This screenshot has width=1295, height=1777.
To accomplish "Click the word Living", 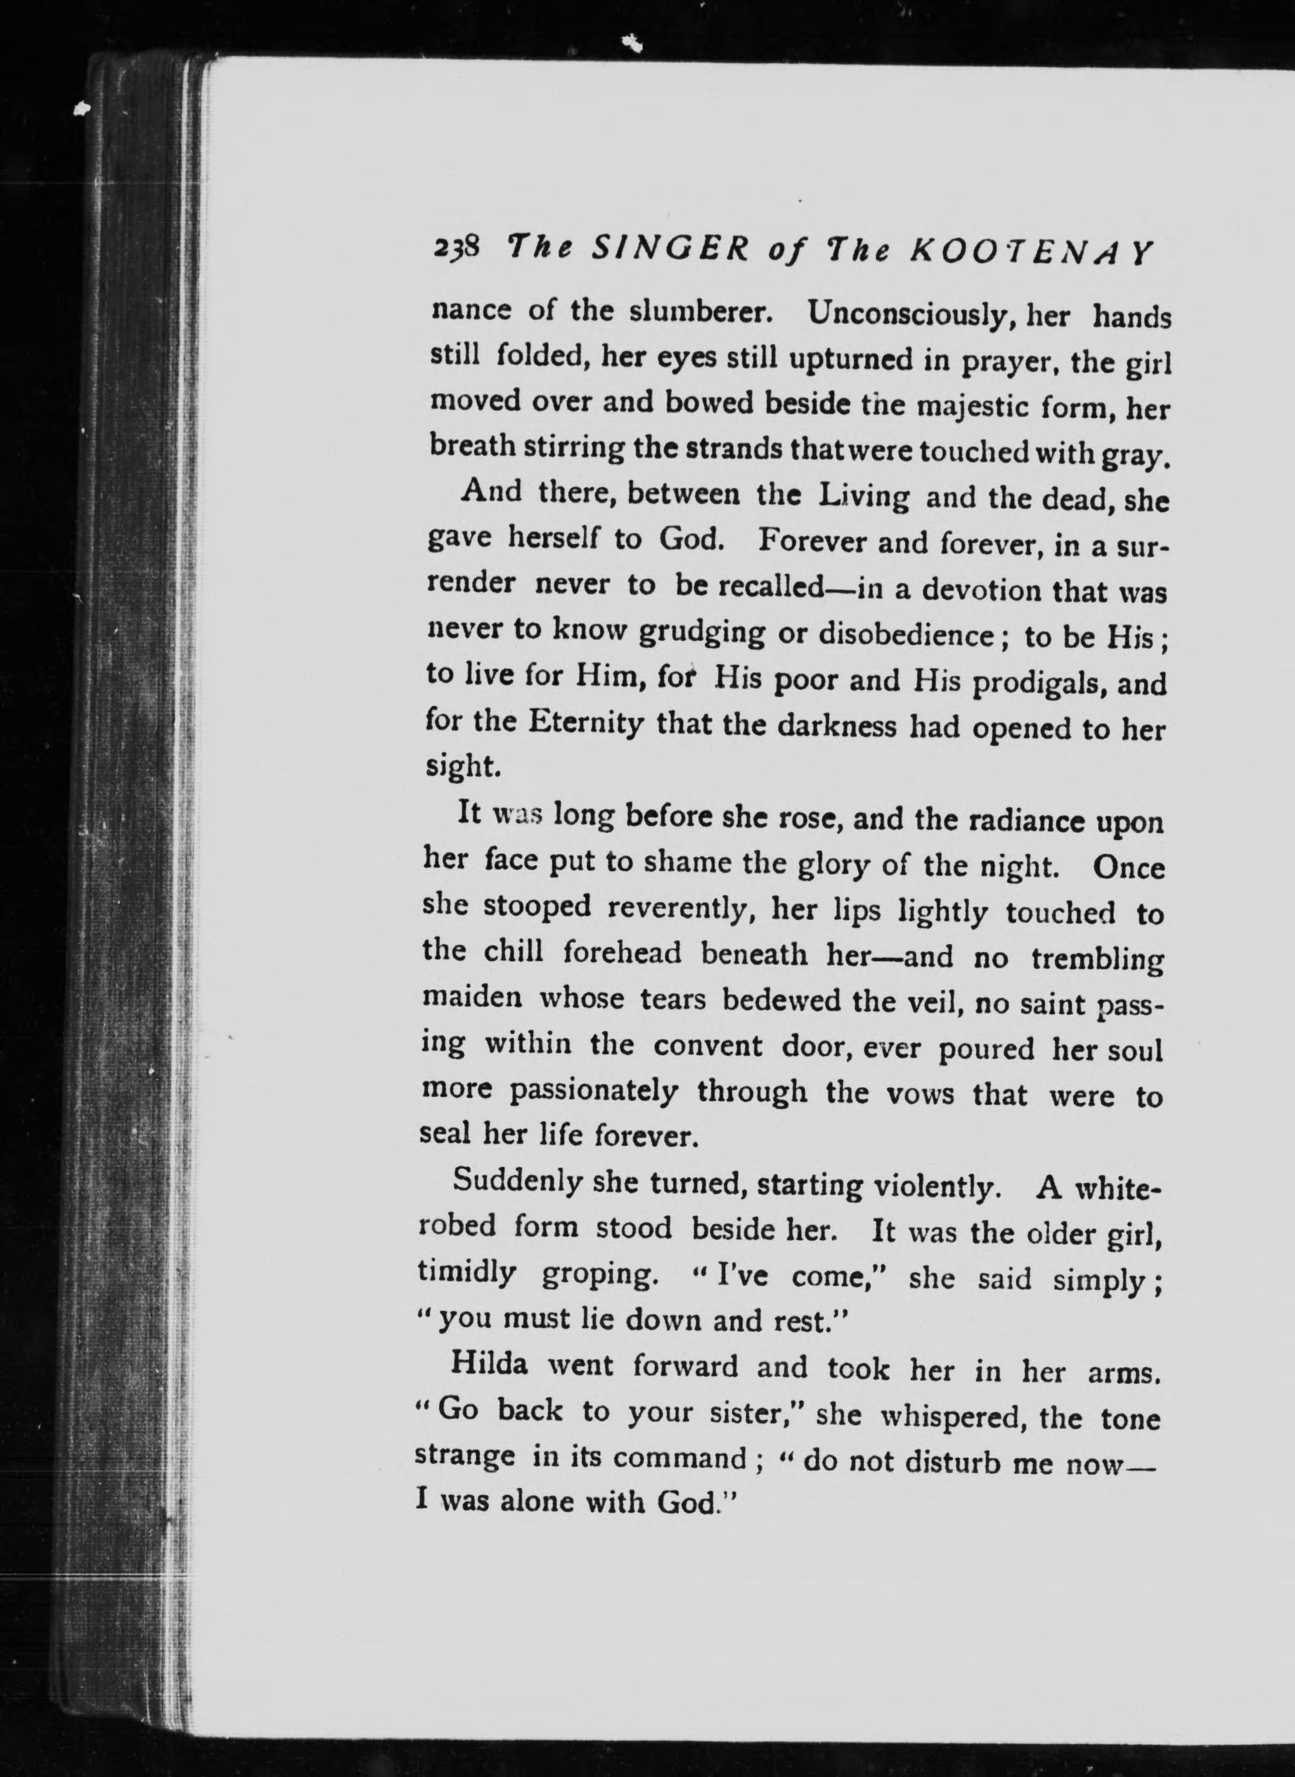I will [863, 498].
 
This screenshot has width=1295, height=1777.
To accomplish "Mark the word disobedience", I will [905, 633].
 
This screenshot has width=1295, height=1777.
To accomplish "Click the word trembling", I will [1097, 959].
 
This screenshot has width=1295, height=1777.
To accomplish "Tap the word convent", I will [708, 1045].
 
